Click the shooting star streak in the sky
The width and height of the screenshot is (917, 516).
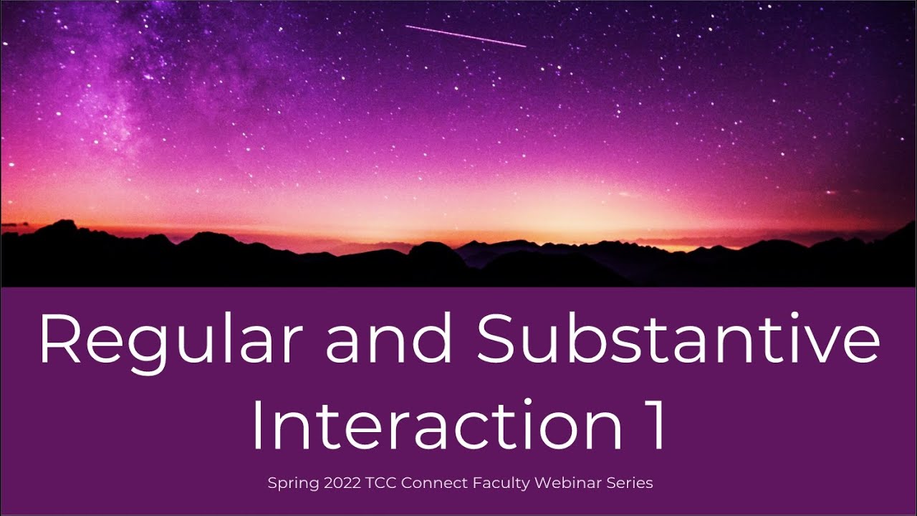[x=466, y=36]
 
